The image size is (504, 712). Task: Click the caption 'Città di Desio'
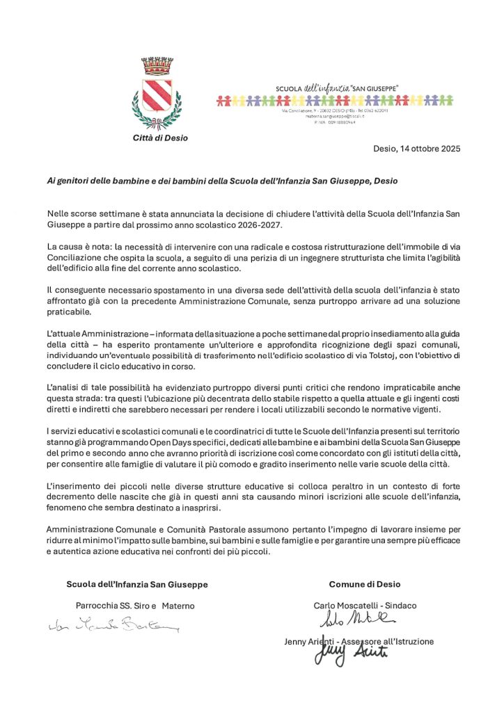[x=160, y=138]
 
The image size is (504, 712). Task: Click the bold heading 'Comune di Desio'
[x=365, y=584]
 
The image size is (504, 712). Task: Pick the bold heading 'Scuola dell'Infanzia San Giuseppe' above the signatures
[x=136, y=584]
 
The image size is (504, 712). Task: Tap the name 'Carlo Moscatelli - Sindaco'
[x=365, y=605]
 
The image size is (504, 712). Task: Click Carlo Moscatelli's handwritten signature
[x=357, y=618]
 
